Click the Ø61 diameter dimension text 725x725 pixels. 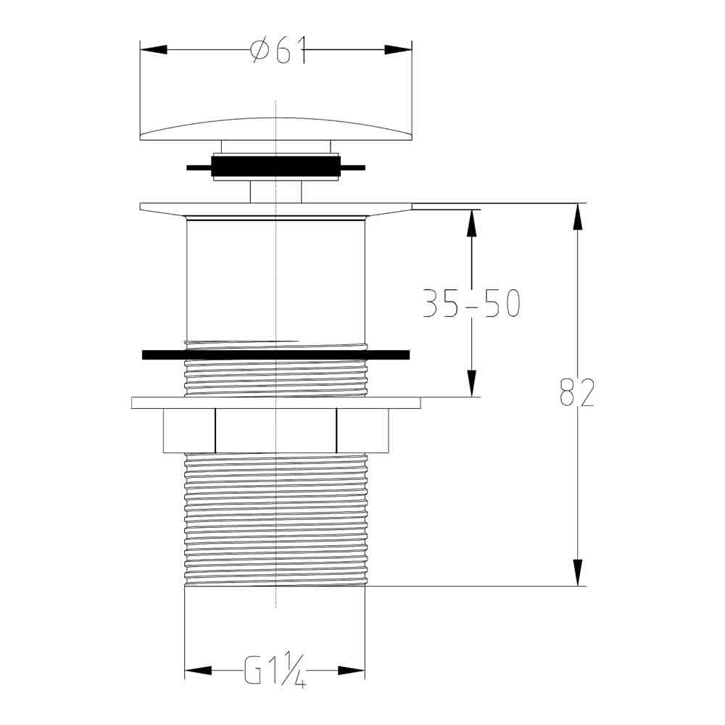278,51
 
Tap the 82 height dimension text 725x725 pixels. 577,392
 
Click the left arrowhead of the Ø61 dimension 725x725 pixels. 153,50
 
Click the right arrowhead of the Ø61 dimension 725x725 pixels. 398,50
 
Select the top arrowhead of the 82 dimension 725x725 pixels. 577,217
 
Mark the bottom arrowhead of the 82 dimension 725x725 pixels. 577,573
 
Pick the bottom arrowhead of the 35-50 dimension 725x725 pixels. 471,384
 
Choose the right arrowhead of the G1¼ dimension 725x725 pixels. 352,671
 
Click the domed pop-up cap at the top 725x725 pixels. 275,130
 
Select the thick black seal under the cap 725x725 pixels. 275,167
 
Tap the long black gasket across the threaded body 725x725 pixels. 275,355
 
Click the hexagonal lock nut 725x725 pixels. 275,431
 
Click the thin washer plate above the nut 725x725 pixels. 275,403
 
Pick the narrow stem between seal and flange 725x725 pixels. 275,191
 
